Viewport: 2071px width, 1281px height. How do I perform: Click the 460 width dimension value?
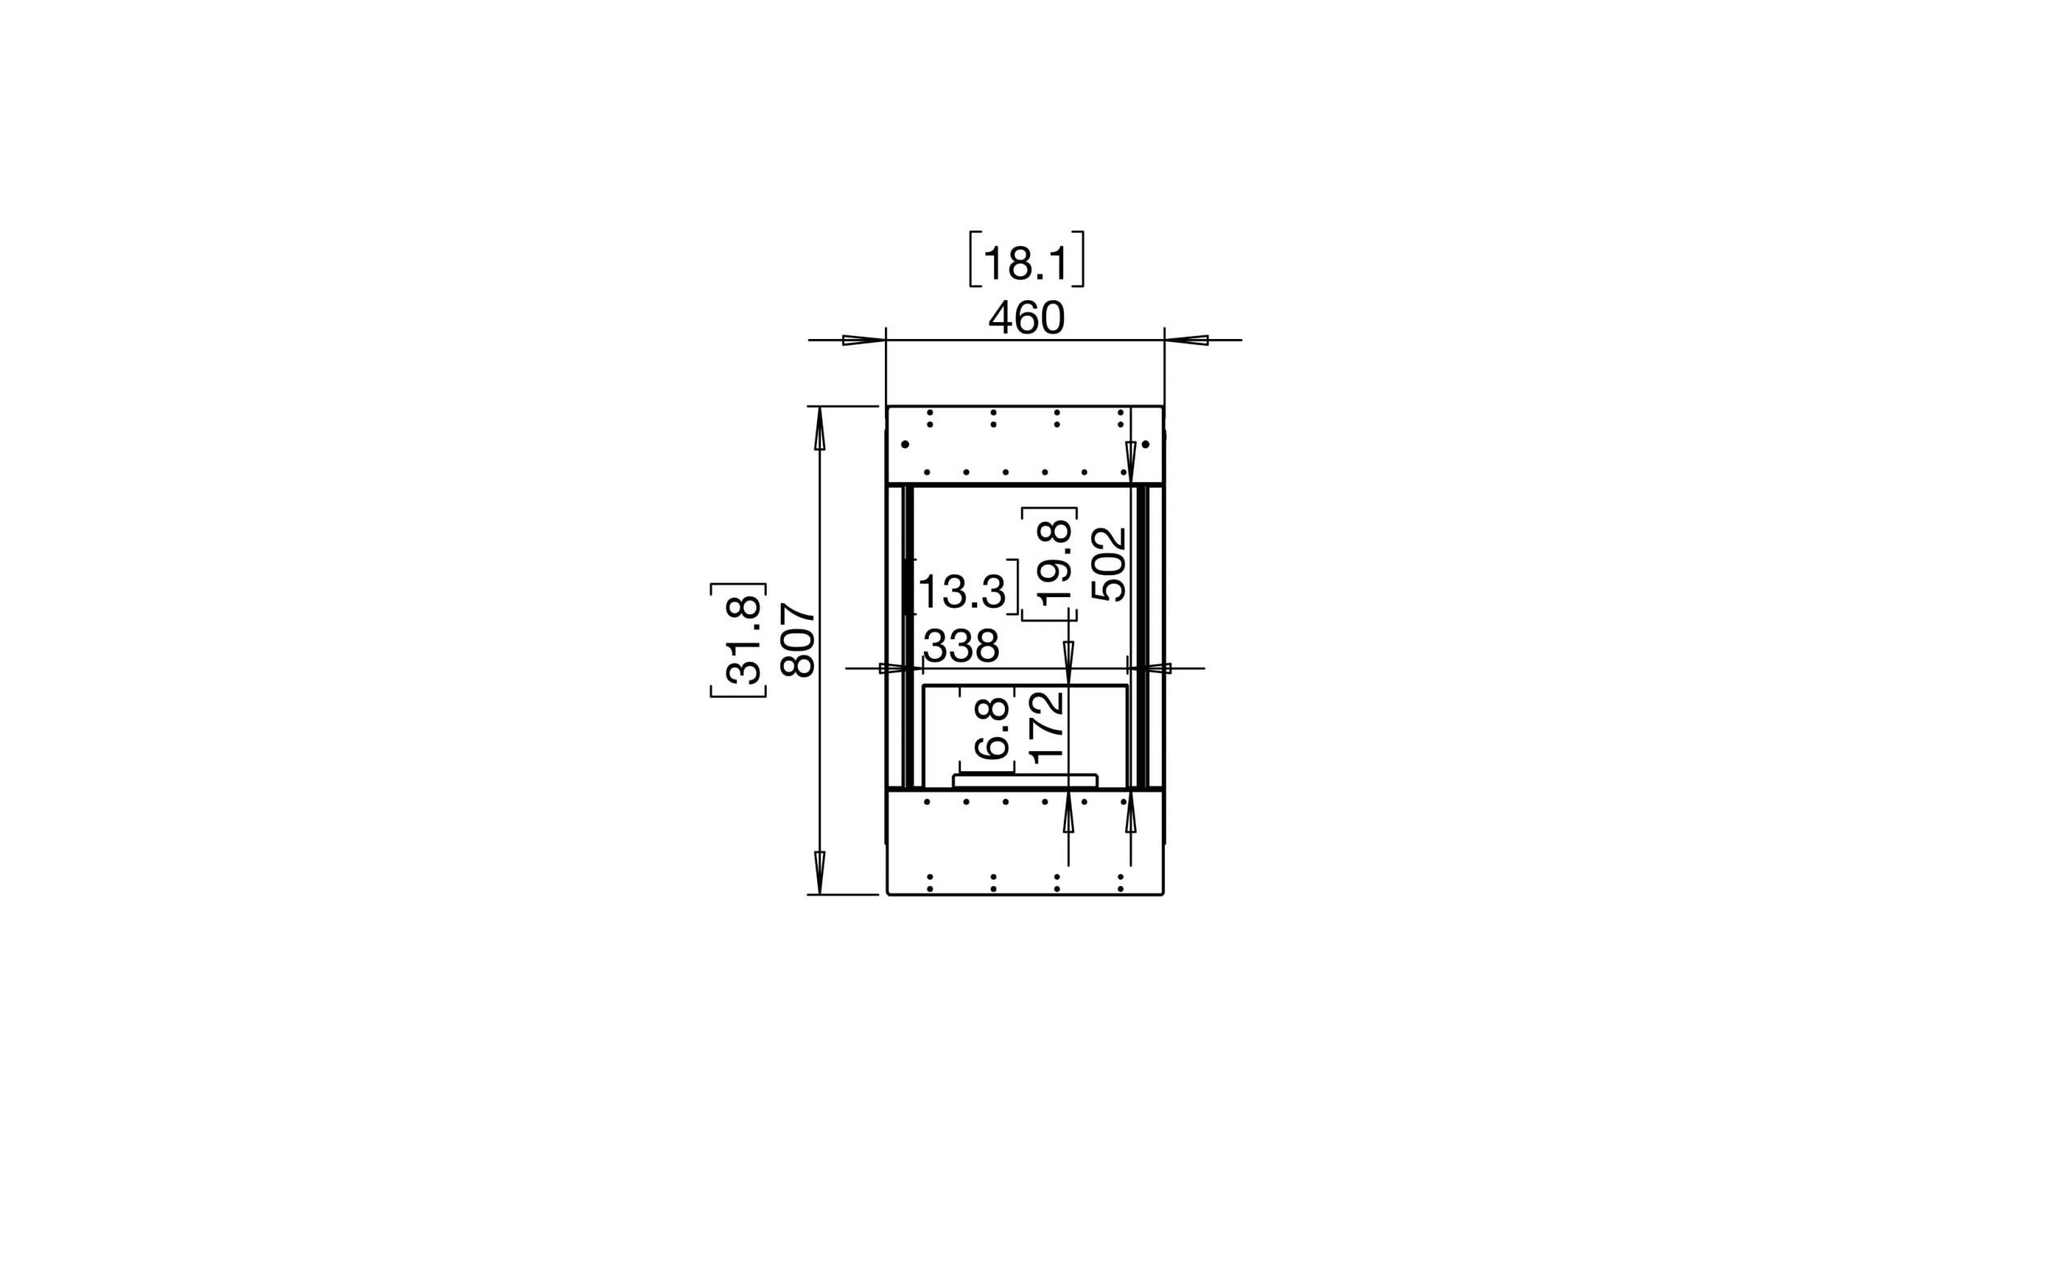1026,319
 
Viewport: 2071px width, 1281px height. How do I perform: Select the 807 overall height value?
798,639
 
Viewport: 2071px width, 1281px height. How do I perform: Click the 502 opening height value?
1109,564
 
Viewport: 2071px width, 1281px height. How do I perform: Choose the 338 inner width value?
961,647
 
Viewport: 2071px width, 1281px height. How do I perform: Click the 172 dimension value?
1047,727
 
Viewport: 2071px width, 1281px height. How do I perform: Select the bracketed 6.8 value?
992,727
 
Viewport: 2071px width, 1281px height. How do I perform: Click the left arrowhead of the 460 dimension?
863,341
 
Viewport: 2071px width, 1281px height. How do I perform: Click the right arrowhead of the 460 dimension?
1187,341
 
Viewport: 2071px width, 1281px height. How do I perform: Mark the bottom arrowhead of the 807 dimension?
819,872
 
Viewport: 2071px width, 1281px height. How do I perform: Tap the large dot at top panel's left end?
904,444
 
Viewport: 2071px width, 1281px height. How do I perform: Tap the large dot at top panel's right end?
1146,444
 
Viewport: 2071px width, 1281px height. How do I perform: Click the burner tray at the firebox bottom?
1025,780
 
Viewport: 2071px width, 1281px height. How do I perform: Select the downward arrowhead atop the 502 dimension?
1131,462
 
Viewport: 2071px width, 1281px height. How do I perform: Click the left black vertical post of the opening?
908,635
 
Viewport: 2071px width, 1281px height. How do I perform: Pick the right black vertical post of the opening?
1141,635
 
